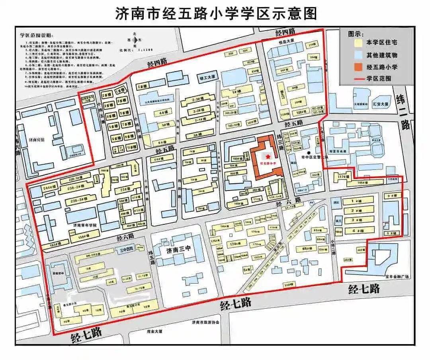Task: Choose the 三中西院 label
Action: pos(126,251)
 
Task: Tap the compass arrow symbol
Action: pos(135,40)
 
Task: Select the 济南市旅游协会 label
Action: pos(205,322)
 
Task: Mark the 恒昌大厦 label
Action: pos(287,41)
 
